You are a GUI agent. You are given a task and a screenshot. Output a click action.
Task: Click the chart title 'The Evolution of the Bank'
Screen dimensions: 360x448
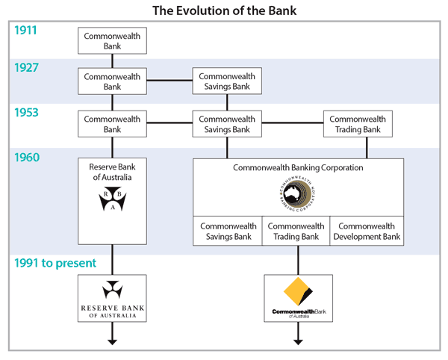224,11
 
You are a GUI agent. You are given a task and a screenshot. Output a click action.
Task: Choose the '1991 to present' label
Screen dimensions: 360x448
57,263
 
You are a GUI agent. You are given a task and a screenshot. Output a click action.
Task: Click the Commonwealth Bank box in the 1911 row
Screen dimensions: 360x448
112,41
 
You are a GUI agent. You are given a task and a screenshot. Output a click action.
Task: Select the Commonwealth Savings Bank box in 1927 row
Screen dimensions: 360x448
227,81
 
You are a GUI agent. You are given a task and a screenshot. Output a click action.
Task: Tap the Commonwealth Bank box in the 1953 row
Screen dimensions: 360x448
112,124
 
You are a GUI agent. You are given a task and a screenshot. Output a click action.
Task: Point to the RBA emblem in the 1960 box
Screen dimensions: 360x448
112,200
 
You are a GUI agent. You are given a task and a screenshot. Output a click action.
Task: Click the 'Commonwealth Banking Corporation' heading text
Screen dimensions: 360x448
298,168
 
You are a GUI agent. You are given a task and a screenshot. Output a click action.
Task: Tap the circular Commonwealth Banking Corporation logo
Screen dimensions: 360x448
298,196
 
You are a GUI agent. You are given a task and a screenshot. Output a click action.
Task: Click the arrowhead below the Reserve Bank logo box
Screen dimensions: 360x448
112,341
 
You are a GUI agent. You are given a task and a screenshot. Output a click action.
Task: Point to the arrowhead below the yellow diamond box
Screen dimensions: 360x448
299,341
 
